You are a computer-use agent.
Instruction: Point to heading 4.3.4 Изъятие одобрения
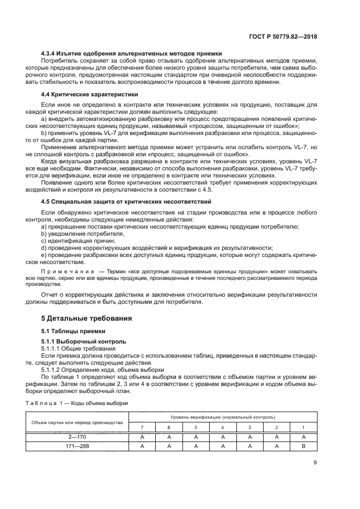131,53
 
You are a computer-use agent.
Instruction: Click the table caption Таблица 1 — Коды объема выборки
77,403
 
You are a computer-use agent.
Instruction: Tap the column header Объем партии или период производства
77,422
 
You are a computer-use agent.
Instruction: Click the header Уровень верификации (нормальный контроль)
223,416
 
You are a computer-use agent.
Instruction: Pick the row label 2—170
77,437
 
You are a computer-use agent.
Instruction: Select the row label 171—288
77,446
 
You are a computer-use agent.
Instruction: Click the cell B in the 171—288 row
303,446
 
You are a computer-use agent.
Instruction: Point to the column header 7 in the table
142,427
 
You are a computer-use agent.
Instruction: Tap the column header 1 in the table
303,427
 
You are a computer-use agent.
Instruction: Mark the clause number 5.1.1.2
52,369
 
